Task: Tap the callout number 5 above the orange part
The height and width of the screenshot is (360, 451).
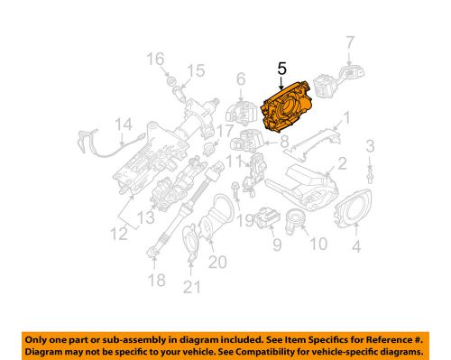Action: click(x=281, y=69)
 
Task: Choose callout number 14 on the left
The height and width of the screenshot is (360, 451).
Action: click(x=124, y=125)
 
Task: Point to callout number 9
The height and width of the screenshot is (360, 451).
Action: click(x=277, y=243)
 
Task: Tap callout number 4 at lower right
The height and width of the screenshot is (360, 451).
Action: click(x=355, y=245)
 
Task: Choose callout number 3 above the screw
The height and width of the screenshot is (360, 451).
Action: click(x=369, y=145)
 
